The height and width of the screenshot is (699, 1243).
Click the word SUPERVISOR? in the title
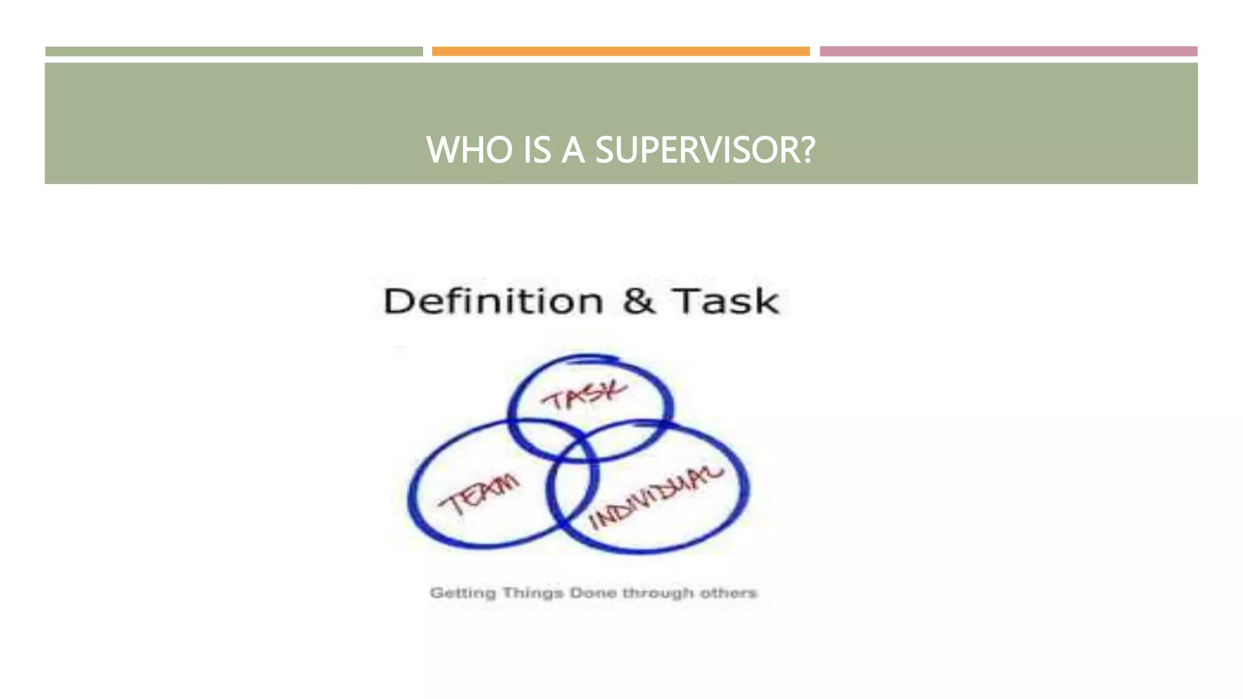click(705, 150)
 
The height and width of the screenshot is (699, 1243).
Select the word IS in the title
click(537, 150)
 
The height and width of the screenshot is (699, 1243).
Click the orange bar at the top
click(620, 52)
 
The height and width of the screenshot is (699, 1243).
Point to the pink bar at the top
click(1008, 52)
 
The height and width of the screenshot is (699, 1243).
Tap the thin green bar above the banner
click(234, 52)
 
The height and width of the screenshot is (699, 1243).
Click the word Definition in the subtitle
click(493, 301)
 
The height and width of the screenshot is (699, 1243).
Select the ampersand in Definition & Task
click(638, 301)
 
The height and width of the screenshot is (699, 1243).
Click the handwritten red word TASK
click(584, 396)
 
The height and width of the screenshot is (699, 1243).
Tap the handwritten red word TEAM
click(479, 495)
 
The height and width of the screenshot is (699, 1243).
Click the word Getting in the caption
click(462, 593)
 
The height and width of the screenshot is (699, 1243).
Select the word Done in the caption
click(593, 593)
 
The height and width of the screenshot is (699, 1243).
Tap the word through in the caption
click(658, 593)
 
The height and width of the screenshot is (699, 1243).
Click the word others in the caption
click(728, 593)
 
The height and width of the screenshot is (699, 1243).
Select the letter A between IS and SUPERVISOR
click(573, 150)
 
